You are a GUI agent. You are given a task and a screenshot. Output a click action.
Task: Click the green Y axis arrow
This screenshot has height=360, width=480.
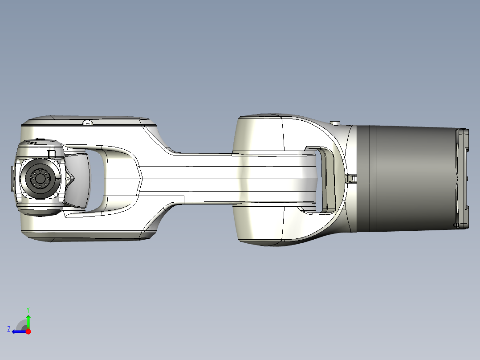28,320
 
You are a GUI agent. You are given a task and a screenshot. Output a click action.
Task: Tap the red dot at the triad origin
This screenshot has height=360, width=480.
28,331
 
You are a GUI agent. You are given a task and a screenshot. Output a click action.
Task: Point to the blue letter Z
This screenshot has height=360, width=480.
9,329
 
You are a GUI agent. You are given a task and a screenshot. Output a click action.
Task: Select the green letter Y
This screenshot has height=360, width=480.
28,309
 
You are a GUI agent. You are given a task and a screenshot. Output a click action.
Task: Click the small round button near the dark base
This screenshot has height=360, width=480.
335,123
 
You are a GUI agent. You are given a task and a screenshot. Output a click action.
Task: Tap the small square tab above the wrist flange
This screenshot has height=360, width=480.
51,153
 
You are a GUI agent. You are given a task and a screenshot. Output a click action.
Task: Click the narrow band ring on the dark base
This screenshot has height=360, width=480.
374,178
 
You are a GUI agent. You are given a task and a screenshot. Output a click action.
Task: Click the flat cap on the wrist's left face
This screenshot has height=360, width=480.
13,178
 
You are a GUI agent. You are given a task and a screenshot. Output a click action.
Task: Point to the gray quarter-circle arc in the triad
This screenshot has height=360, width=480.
20,324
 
